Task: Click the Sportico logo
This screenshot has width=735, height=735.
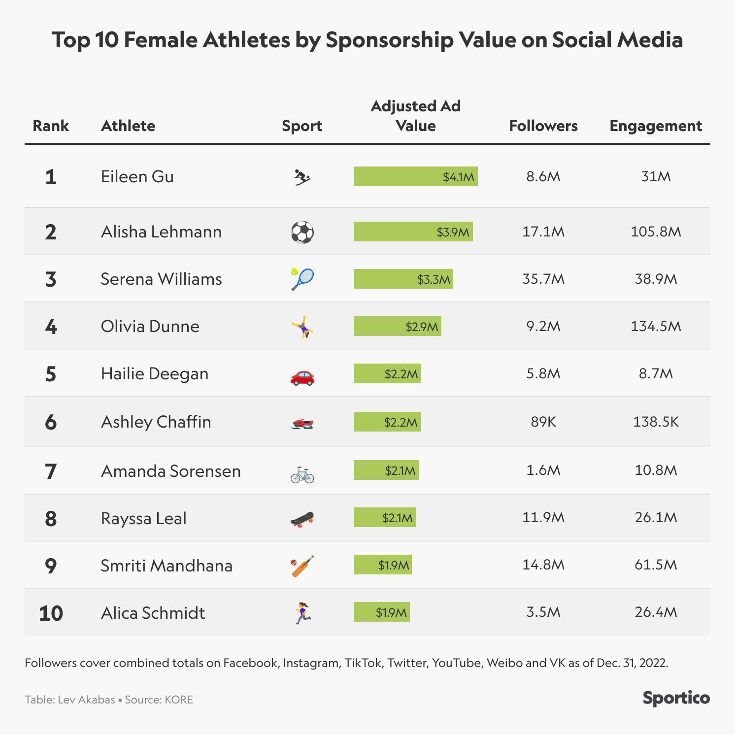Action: coord(676,698)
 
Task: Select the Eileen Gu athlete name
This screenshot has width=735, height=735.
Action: coord(137,176)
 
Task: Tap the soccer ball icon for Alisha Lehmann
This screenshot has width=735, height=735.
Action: coord(302,232)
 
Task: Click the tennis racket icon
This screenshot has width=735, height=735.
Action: coord(302,279)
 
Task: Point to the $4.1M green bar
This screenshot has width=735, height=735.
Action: coord(415,176)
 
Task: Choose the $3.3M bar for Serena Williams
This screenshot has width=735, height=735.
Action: coord(403,279)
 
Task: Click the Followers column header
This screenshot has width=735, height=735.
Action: coord(543,126)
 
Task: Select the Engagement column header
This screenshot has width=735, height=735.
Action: coord(655,126)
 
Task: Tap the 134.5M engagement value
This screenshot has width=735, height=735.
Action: coord(656,326)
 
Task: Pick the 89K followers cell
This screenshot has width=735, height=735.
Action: coord(543,422)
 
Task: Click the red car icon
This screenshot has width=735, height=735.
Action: coord(302,377)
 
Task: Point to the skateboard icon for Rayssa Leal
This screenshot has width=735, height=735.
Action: coord(302,519)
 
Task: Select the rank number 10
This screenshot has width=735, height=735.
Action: coord(51,613)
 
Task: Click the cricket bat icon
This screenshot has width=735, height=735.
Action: coord(302,566)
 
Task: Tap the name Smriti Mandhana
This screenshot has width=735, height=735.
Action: coord(167,566)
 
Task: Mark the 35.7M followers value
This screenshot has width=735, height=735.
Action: coord(543,279)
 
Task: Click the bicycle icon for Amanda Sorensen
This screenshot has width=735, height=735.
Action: coord(302,475)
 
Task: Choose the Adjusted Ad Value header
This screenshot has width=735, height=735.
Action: coord(415,116)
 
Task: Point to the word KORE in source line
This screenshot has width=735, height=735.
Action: coord(179,700)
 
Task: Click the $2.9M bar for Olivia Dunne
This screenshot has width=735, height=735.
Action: coord(397,326)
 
